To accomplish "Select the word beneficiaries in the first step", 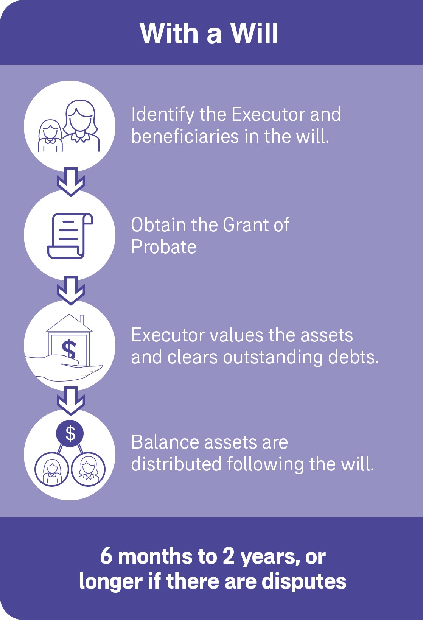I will (x=185, y=136).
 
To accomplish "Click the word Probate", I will (x=164, y=247).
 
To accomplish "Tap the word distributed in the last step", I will (x=176, y=464).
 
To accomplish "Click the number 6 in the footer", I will (x=106, y=556).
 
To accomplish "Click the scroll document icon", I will (x=70, y=236).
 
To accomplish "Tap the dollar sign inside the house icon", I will (x=69, y=349).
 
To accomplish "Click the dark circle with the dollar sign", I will (x=70, y=434).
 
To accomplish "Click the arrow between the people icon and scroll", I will (x=71, y=182).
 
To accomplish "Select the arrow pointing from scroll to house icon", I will (x=71, y=291).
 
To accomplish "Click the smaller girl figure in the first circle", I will (x=50, y=136).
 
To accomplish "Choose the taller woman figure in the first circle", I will (x=81, y=125).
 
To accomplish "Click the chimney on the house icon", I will (x=81, y=320).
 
